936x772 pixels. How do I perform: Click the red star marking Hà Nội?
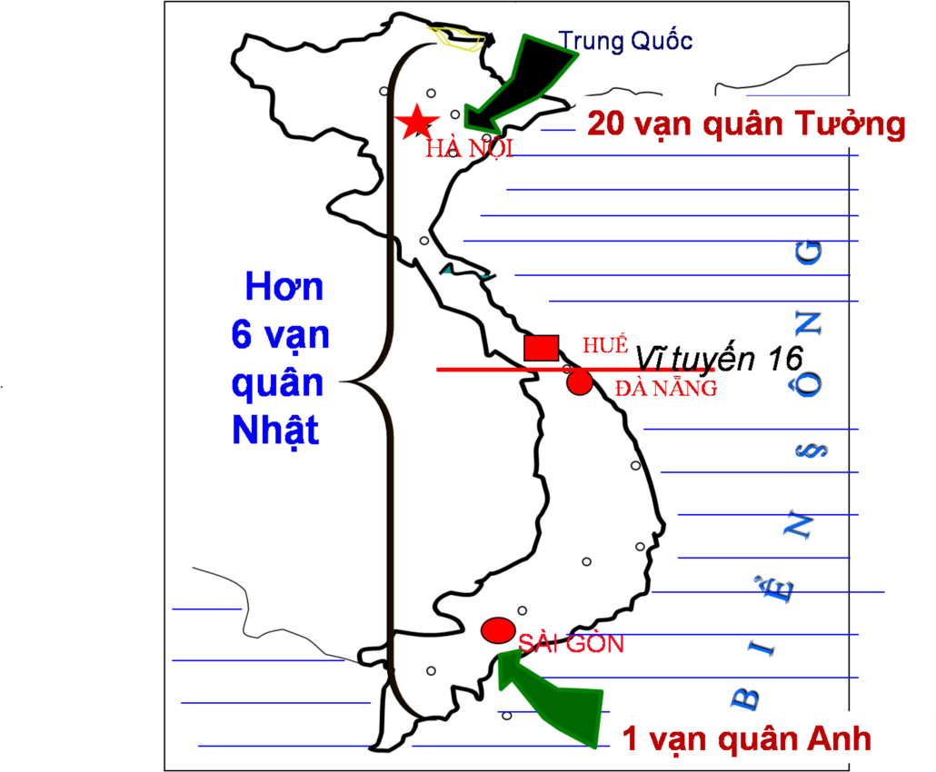(417, 122)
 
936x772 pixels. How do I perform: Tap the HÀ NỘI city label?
(469, 149)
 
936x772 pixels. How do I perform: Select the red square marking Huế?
(542, 348)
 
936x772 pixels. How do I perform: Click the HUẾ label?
(605, 345)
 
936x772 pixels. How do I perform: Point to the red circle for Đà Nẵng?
(580, 382)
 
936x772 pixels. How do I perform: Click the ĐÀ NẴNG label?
(665, 389)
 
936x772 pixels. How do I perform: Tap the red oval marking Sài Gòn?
(498, 629)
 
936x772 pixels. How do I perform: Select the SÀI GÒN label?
(571, 644)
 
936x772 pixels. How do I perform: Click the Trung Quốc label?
(626, 41)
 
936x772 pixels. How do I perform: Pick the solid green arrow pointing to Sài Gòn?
(554, 699)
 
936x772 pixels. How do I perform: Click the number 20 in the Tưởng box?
(606, 124)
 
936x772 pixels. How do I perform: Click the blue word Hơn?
(284, 288)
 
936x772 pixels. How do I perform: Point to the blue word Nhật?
(275, 429)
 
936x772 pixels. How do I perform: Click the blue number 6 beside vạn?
(242, 335)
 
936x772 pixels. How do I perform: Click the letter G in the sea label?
(806, 253)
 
